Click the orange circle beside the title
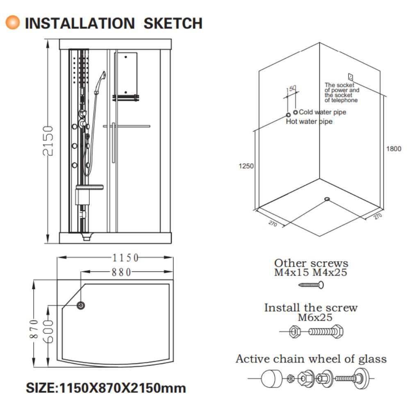13,23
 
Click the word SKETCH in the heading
173,23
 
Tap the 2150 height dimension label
48,141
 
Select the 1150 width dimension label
125,258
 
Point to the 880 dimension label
121,272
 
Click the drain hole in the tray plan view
81,305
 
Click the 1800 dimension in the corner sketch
394,149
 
